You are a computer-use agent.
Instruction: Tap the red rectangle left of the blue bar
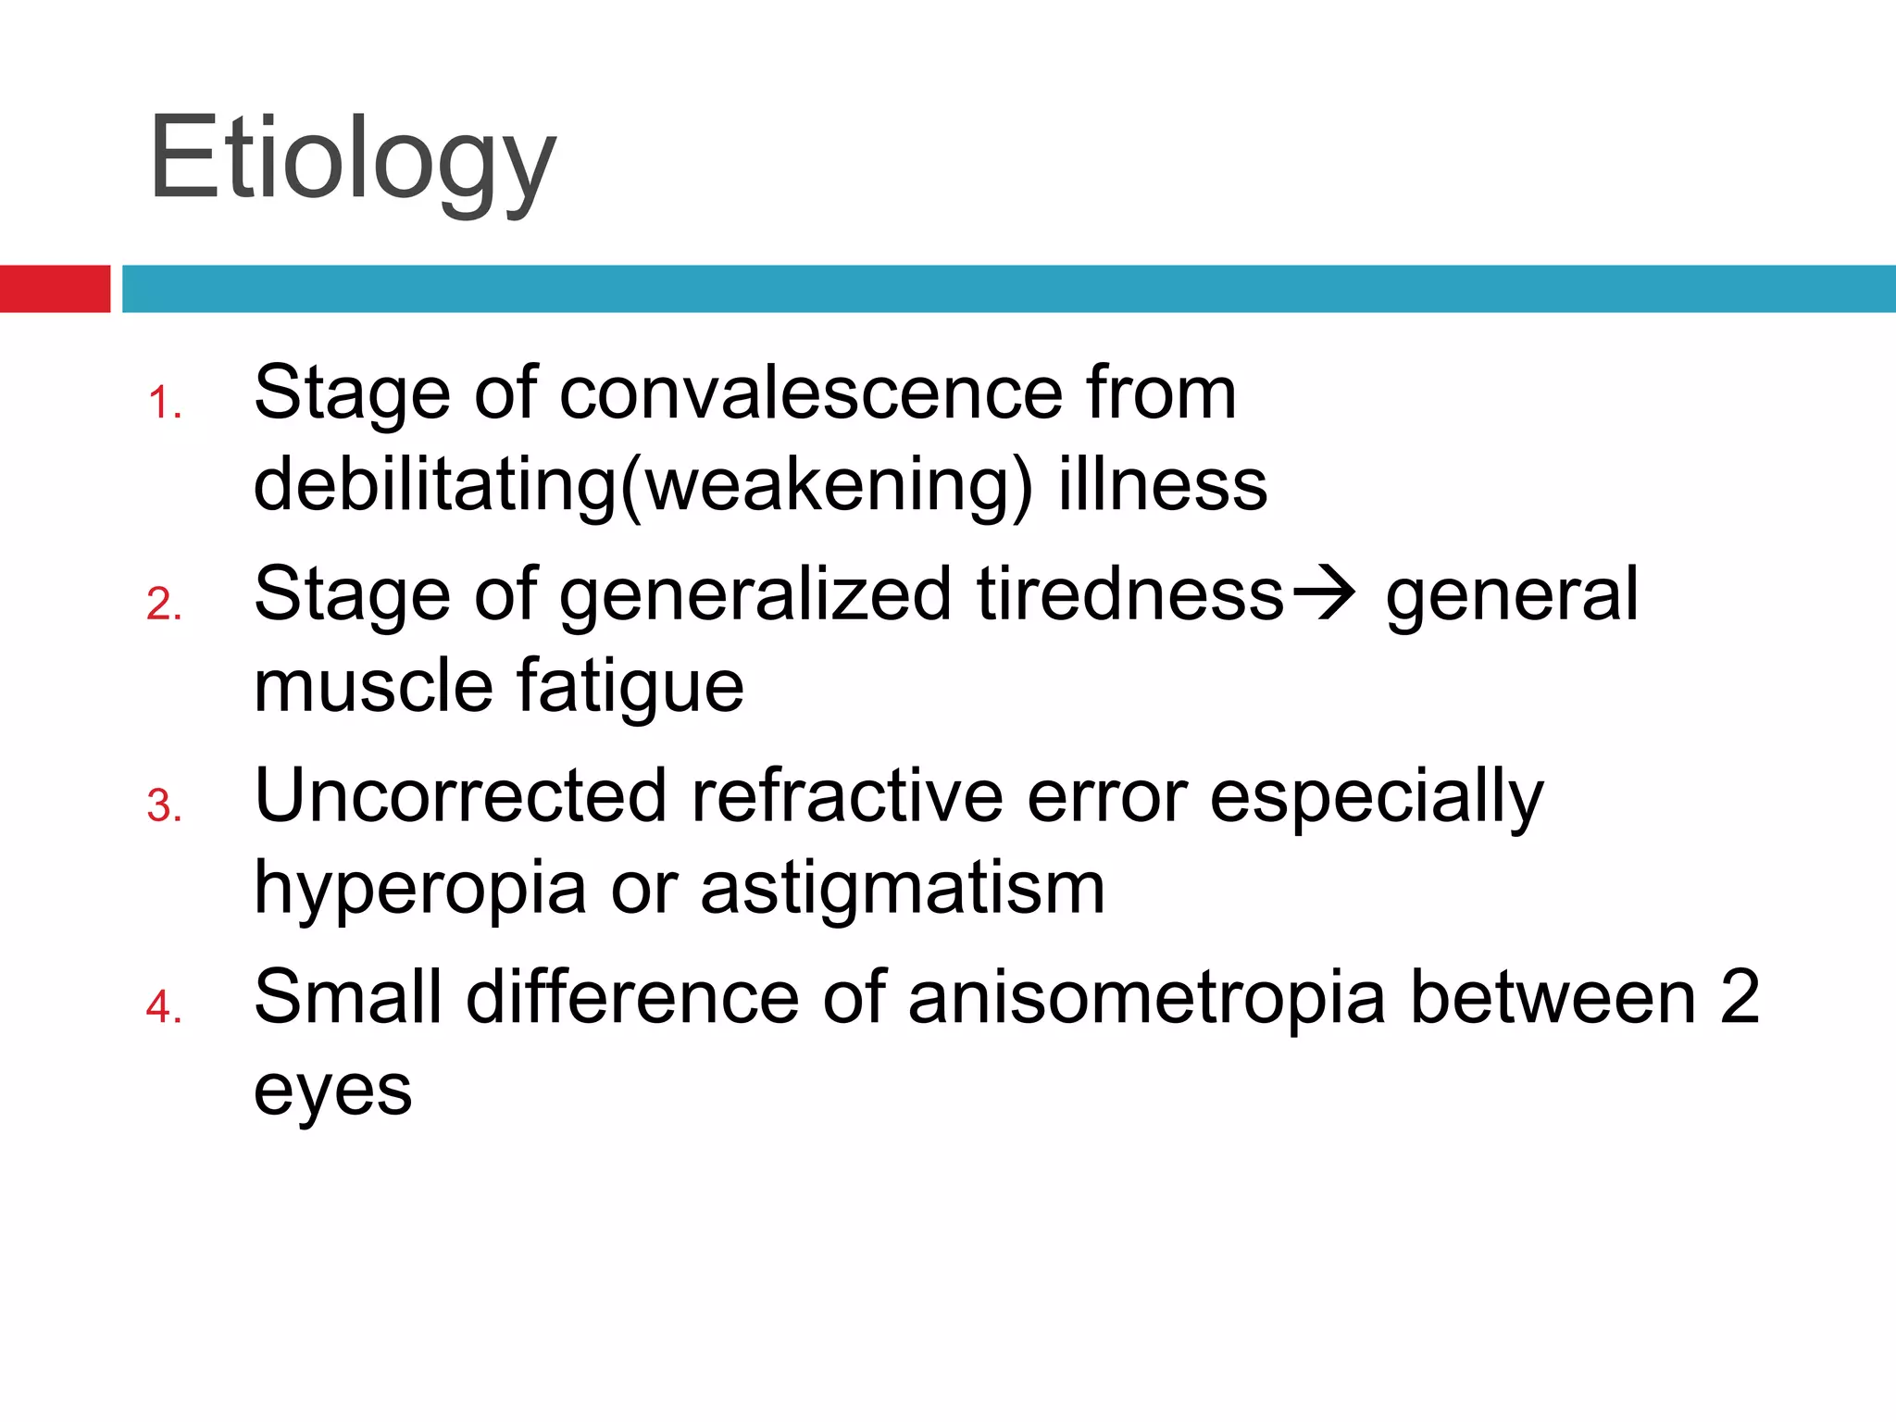[55, 289]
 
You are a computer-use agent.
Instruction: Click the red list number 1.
[164, 405]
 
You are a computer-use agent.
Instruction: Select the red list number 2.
[164, 605]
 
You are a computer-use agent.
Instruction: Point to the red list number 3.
[164, 807]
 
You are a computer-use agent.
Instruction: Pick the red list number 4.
[164, 1008]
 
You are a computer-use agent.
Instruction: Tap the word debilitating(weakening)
[642, 485]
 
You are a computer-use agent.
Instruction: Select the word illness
[1163, 485]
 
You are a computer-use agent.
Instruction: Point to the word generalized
[755, 595]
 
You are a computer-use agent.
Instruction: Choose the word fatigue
[630, 687]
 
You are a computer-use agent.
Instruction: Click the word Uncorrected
[460, 796]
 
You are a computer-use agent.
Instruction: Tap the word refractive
[847, 796]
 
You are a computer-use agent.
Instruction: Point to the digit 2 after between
[1740, 997]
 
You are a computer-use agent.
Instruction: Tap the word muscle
[373, 687]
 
